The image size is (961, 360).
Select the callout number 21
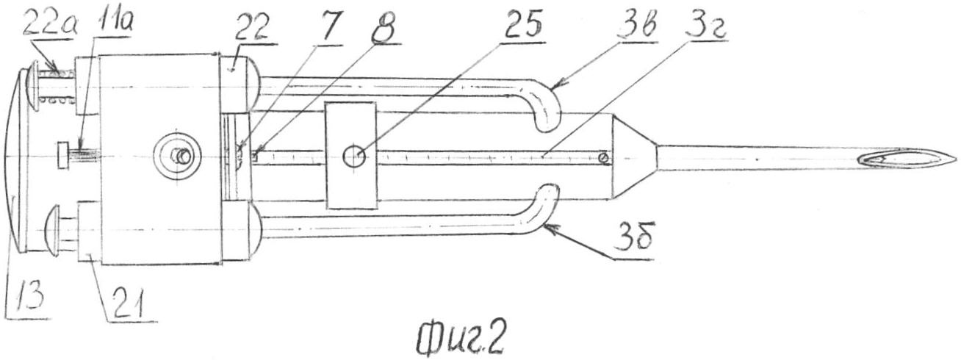tap(128, 302)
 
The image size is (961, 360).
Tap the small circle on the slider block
tap(354, 156)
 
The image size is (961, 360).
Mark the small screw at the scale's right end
tap(604, 157)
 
